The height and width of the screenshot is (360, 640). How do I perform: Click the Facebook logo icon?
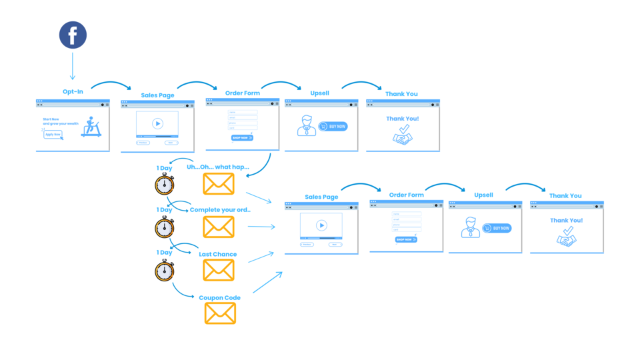coord(73,35)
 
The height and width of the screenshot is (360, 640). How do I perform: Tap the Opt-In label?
coord(73,91)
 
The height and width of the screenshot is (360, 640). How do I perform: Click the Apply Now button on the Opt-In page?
coord(53,134)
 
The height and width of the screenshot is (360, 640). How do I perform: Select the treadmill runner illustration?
coord(91,127)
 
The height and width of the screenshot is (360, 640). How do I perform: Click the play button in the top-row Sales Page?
coord(157,123)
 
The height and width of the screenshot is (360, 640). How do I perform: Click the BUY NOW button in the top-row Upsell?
coord(333,126)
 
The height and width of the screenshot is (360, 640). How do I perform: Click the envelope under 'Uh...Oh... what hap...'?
coord(219,184)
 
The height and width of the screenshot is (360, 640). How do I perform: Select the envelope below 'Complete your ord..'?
coord(219,227)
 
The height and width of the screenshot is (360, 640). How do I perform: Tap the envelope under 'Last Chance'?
coord(219,270)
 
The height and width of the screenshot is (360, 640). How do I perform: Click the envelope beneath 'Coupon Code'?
coord(220,313)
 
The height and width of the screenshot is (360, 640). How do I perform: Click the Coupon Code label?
coord(219,297)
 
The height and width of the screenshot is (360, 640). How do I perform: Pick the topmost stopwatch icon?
coord(164,184)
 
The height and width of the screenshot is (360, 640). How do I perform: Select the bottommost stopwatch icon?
coord(164,270)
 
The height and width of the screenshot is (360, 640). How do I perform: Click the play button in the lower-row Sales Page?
coord(321,225)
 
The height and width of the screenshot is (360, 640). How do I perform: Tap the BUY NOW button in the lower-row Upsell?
coord(497,228)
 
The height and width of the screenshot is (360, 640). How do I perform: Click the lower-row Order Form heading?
coord(406,195)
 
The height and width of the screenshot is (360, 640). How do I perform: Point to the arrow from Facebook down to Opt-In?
coord(73,67)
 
